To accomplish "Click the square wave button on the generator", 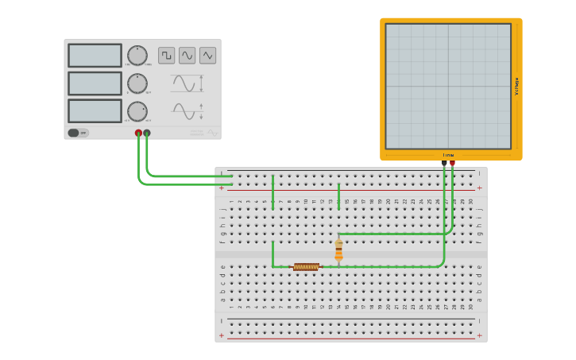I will pos(166,56).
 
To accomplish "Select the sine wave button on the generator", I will pos(187,56).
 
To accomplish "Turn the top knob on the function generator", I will pos(137,56).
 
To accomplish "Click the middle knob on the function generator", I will pos(137,83).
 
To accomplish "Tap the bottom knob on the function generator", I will pos(137,111).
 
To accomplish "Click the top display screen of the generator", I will pos(95,56).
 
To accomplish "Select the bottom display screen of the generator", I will pos(95,110).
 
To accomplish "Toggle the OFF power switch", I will pos(78,133).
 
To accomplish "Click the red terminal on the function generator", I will pos(138,133).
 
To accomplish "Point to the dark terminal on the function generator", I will pos(147,133).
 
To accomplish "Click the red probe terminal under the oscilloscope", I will pos(452,163).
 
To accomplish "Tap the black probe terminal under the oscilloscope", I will pos(444,163).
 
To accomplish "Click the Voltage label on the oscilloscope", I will pos(516,87).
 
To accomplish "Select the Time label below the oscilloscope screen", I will pos(448,155).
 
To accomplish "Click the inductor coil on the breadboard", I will pos(306,267).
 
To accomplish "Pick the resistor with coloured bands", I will pos(338,250).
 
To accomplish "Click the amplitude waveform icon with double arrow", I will pos(186,83).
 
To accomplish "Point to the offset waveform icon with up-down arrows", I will pos(186,110).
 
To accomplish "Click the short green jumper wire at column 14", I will pos(338,196).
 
